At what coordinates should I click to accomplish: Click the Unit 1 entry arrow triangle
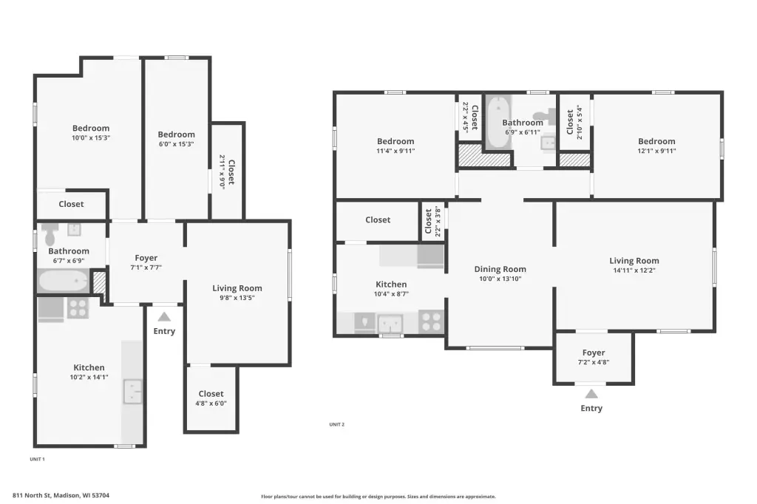[x=164, y=317]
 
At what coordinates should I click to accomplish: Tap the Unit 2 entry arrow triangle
[x=591, y=393]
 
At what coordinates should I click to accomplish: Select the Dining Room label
[x=500, y=269]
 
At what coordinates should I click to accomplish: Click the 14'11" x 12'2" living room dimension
[x=634, y=270]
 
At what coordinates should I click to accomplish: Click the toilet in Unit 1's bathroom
[x=50, y=234]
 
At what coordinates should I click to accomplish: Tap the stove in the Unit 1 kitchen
[x=78, y=308]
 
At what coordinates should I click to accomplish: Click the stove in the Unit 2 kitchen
[x=432, y=321]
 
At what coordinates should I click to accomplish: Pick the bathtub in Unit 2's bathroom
[x=498, y=122]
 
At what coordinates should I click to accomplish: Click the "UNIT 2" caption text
[x=337, y=424]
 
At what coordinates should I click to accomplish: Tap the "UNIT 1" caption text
[x=37, y=459]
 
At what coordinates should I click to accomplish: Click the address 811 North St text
[x=61, y=495]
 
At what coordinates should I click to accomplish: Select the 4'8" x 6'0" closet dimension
[x=211, y=403]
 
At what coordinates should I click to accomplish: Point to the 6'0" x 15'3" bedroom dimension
[x=176, y=144]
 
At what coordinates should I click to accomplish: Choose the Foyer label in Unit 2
[x=594, y=353]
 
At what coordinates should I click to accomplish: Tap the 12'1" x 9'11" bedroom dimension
[x=656, y=151]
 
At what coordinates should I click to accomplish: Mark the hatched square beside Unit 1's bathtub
[x=99, y=282]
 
